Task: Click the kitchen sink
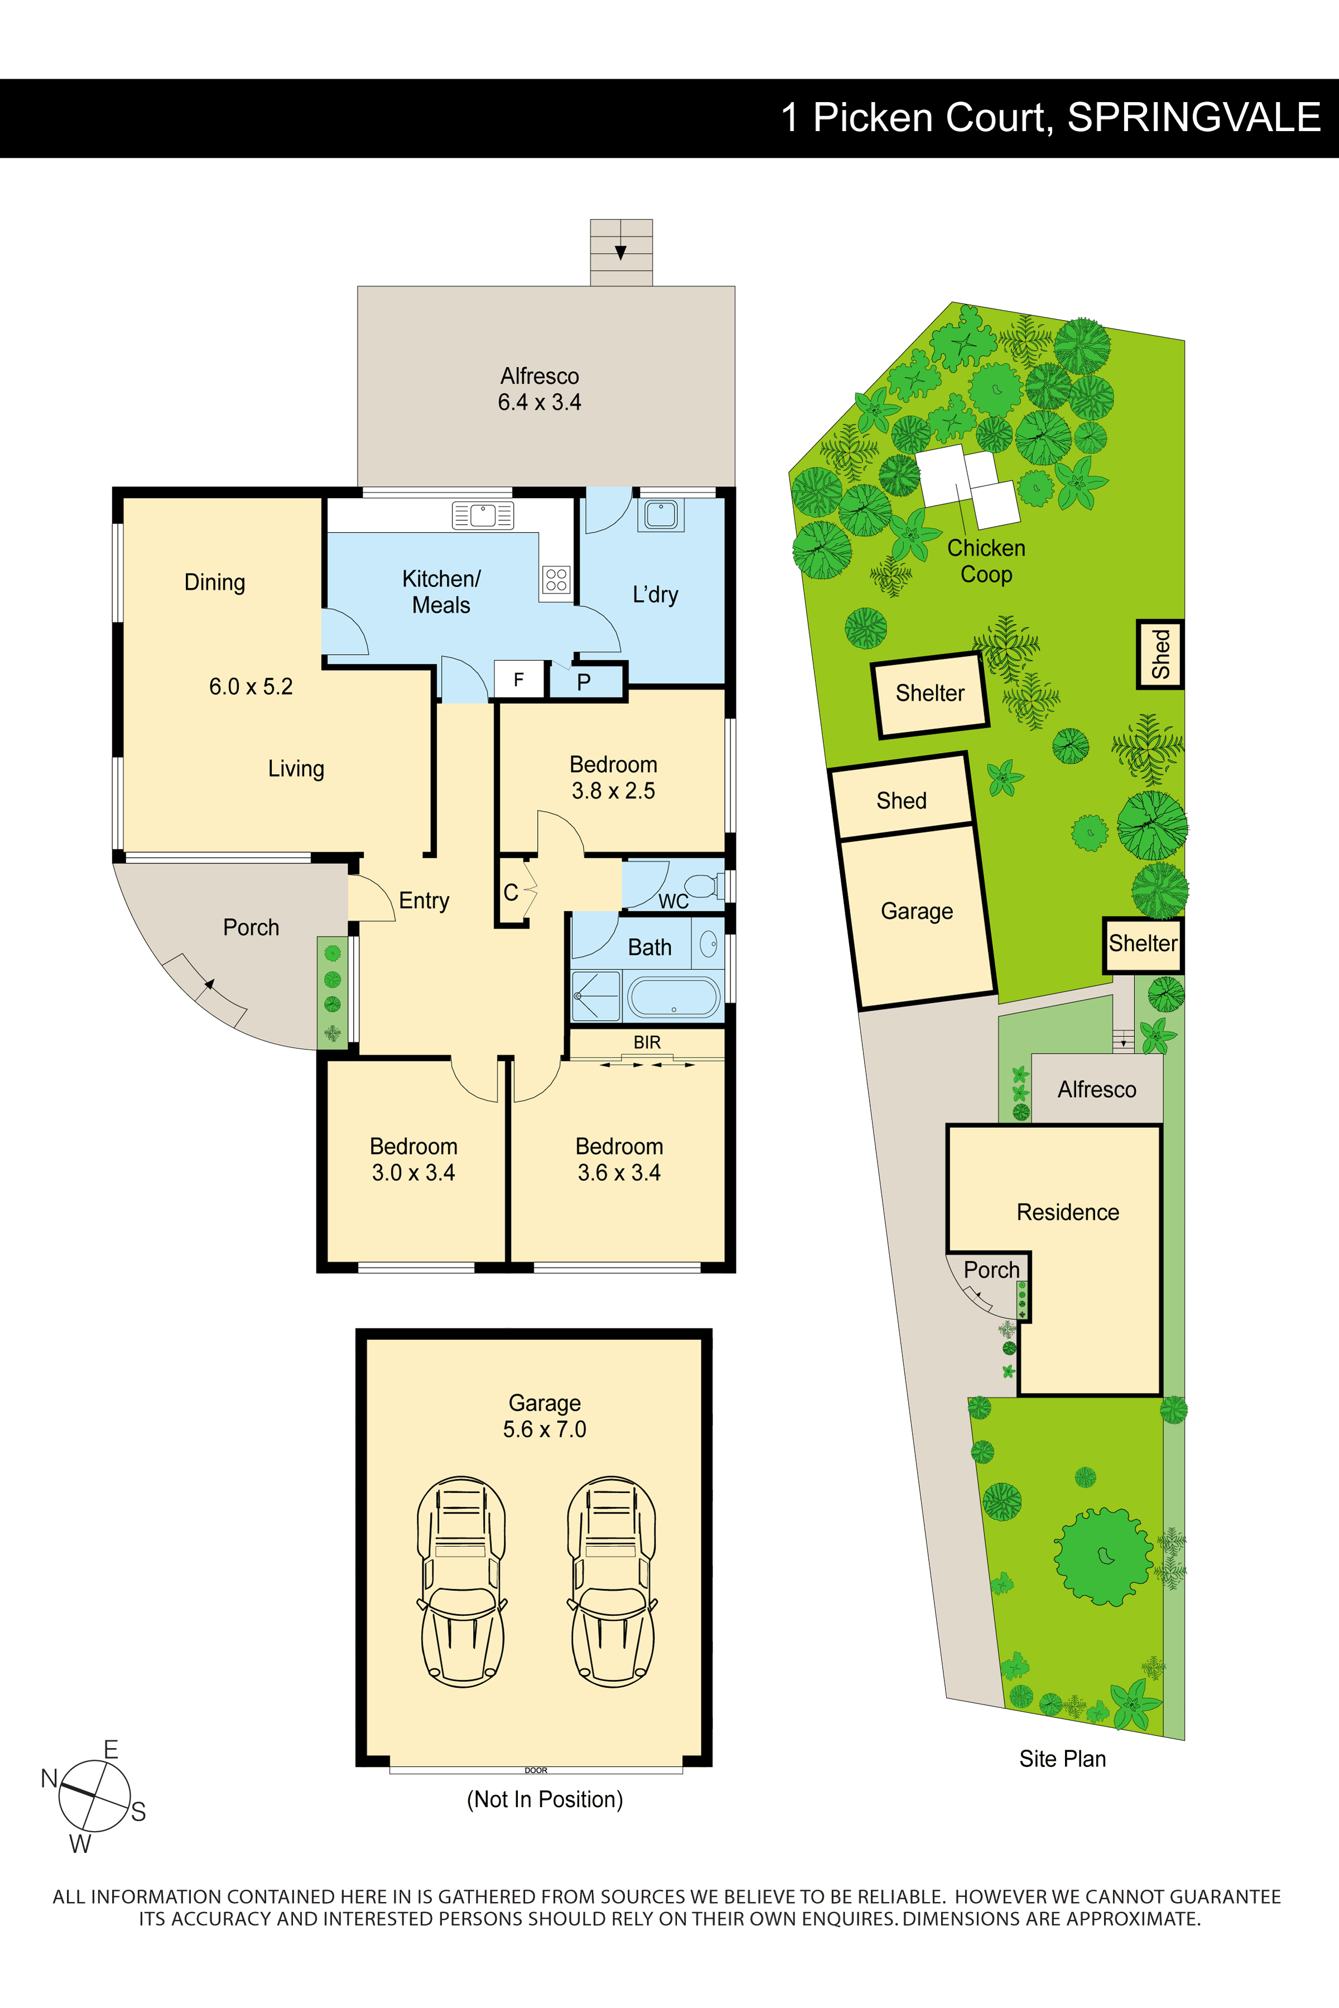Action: tap(483, 515)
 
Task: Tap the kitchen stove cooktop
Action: tap(556, 580)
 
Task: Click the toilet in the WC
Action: tap(702, 885)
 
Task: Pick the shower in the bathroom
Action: tap(595, 996)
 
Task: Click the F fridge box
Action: tap(518, 680)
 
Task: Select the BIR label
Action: tap(647, 1042)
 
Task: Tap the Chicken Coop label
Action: tap(986, 561)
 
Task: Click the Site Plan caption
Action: tap(1062, 1759)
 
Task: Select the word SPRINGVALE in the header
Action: tap(1194, 118)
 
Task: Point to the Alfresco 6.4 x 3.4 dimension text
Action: tap(540, 402)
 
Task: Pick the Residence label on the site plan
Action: tap(1067, 1212)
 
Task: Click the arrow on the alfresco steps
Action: tap(621, 252)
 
